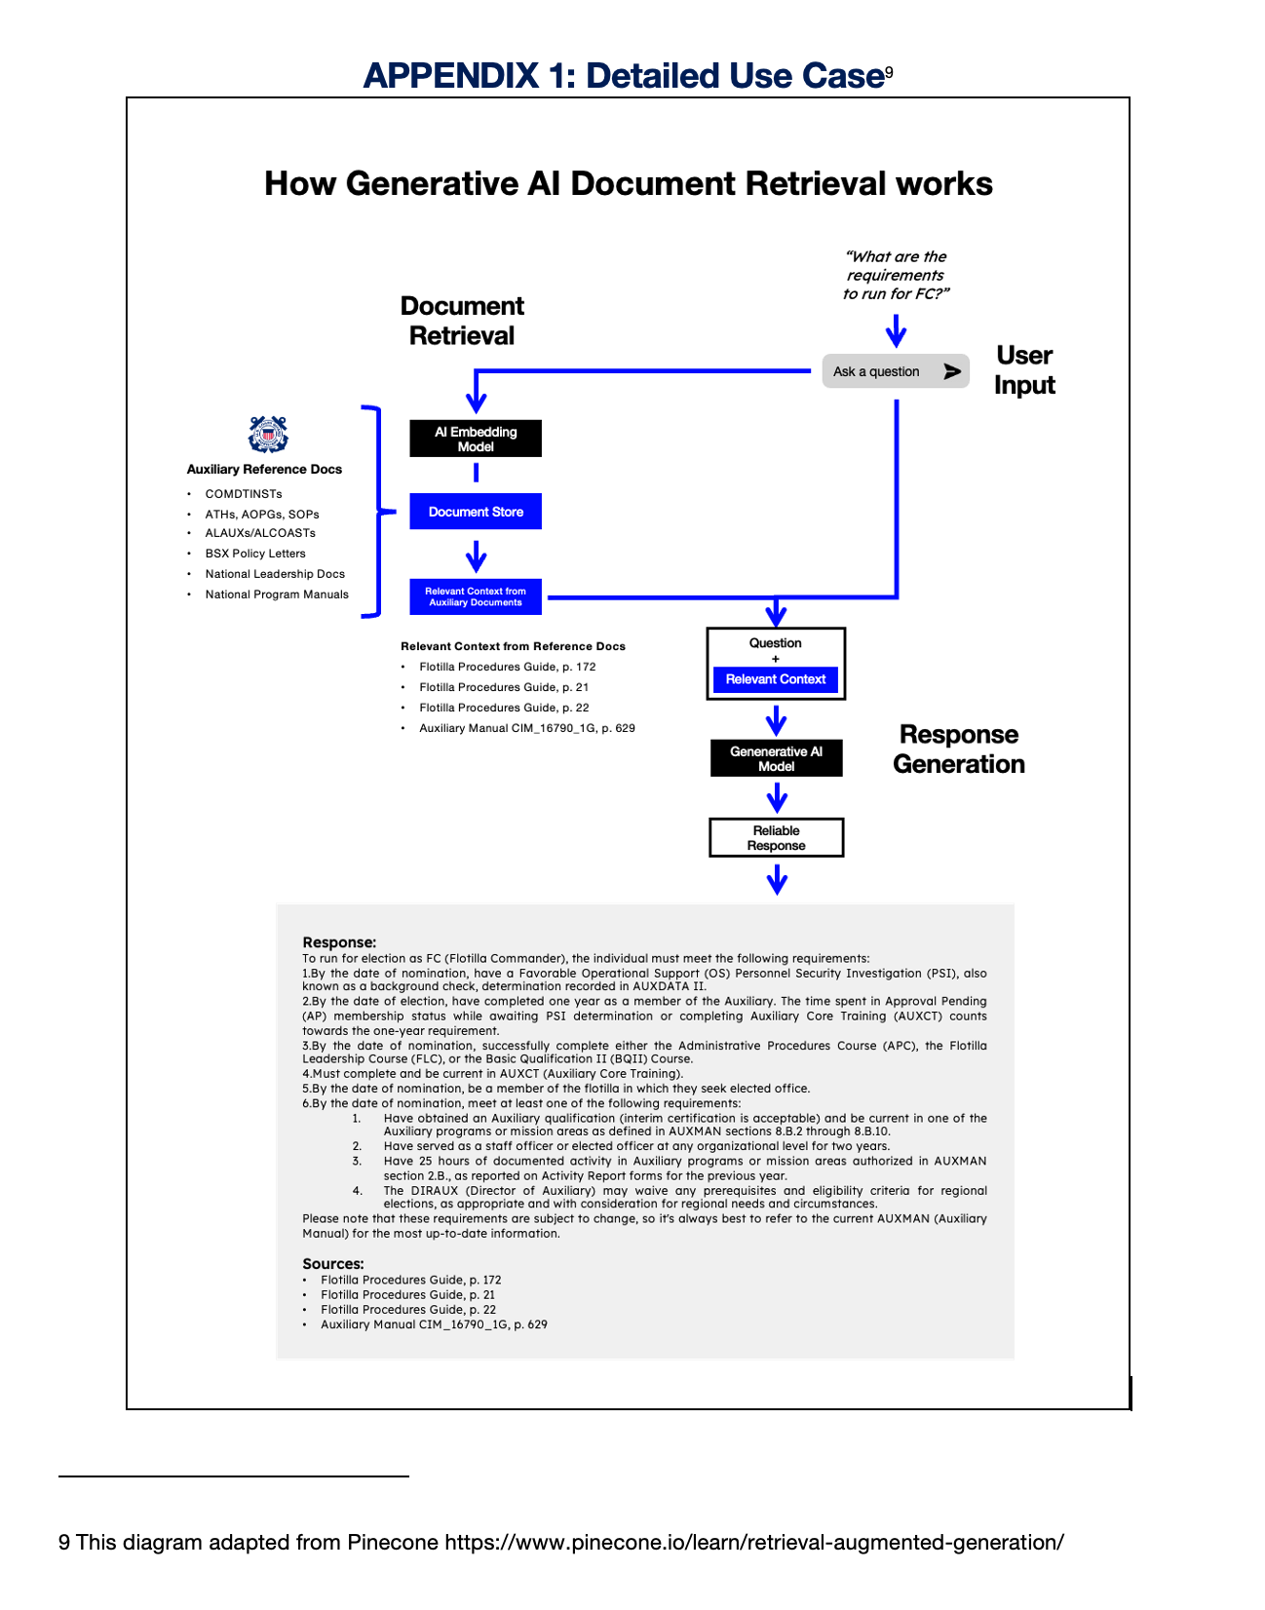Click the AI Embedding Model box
[x=476, y=439]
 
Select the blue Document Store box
[x=476, y=512]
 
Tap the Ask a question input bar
[x=877, y=371]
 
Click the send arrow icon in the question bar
[x=952, y=371]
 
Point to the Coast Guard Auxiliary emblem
[x=268, y=435]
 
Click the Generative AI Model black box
[x=776, y=758]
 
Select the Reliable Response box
[x=776, y=838]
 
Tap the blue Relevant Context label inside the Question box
[x=775, y=679]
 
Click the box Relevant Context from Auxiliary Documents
[x=476, y=596]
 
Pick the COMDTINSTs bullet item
[x=244, y=494]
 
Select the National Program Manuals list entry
[x=277, y=594]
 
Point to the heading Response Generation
[x=959, y=749]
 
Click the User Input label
[x=1024, y=370]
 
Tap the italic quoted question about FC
[x=896, y=275]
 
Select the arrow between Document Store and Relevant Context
[x=476, y=556]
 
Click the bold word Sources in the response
[x=333, y=1264]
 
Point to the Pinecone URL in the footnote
[x=754, y=1543]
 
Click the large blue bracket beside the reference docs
[x=375, y=512]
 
